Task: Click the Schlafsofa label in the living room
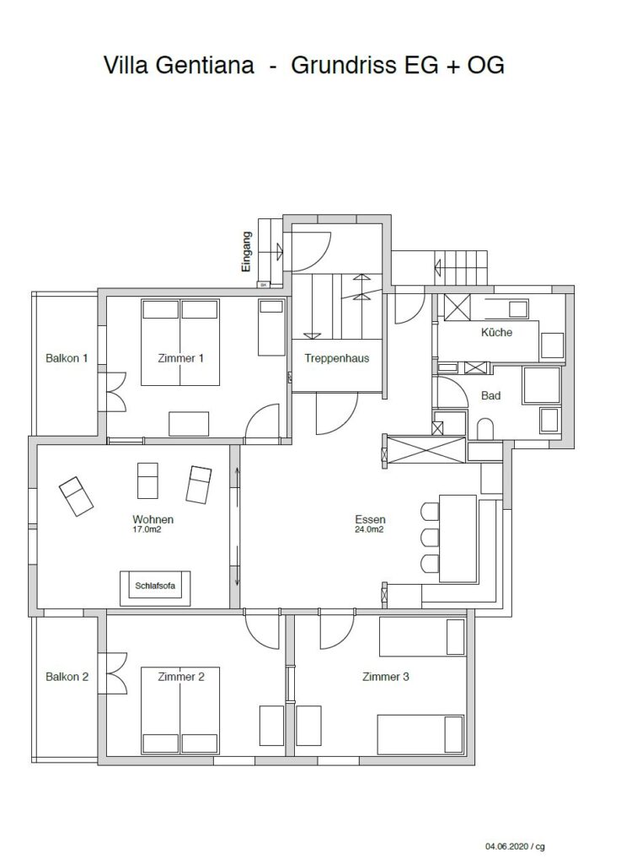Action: pyautogui.click(x=155, y=586)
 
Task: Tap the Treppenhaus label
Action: pyautogui.click(x=337, y=358)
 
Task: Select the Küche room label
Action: pyautogui.click(x=496, y=332)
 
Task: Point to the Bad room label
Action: pyautogui.click(x=490, y=395)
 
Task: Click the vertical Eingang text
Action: pyautogui.click(x=246, y=251)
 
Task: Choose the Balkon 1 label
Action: pyautogui.click(x=67, y=358)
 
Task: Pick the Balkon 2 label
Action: pyautogui.click(x=67, y=677)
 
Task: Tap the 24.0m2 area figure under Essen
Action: pyautogui.click(x=369, y=530)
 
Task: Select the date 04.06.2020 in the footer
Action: pyautogui.click(x=506, y=846)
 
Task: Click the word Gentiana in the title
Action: pyautogui.click(x=204, y=65)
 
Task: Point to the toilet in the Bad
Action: pyautogui.click(x=485, y=429)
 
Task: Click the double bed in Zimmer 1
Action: pyautogui.click(x=180, y=342)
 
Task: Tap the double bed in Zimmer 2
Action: pyautogui.click(x=180, y=710)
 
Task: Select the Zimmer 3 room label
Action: pyautogui.click(x=386, y=677)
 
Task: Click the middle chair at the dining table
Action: pyautogui.click(x=430, y=537)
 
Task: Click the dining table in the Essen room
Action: pyautogui.click(x=458, y=539)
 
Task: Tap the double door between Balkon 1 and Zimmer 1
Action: pyautogui.click(x=116, y=392)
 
